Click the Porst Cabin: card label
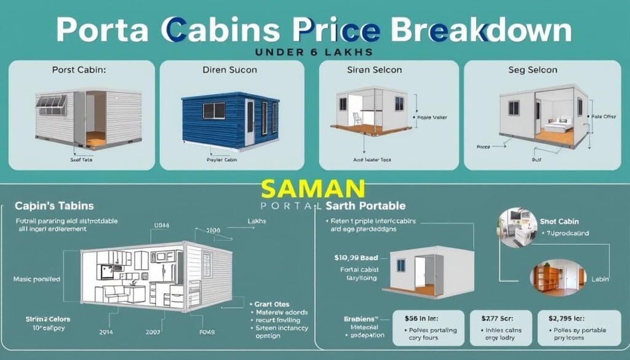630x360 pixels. pos(80,70)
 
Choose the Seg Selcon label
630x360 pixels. pos(532,70)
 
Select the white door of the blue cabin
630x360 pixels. pos(249,122)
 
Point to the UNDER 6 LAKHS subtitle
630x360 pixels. pos(315,52)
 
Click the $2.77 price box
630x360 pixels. pos(500,326)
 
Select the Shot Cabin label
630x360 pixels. pos(559,222)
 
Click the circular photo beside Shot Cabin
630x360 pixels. pos(515,227)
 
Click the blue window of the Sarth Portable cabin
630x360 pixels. pos(401,265)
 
